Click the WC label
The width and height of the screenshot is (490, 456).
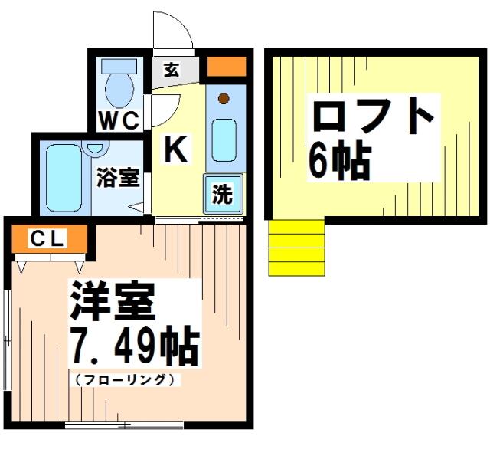click(x=119, y=120)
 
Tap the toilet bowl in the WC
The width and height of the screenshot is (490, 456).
click(x=119, y=90)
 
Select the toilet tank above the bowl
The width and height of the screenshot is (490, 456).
click(x=119, y=67)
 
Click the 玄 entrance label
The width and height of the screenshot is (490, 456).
click(x=171, y=70)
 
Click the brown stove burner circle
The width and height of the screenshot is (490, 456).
click(x=224, y=99)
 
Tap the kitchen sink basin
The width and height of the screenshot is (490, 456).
click(x=224, y=140)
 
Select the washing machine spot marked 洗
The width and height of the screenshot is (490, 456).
click(x=223, y=194)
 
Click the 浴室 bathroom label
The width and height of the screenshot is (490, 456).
click(x=118, y=177)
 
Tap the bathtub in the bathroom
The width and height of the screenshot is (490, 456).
click(x=64, y=178)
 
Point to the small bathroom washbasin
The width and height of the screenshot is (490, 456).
click(x=95, y=148)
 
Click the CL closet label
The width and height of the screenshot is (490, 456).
click(x=47, y=238)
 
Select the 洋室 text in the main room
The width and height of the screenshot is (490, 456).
click(x=113, y=300)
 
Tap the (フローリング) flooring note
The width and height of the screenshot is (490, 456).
click(x=124, y=380)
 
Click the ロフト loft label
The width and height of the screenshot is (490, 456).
click(x=373, y=116)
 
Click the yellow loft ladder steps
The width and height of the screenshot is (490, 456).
click(x=296, y=248)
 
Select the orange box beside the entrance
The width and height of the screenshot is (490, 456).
click(x=227, y=66)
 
